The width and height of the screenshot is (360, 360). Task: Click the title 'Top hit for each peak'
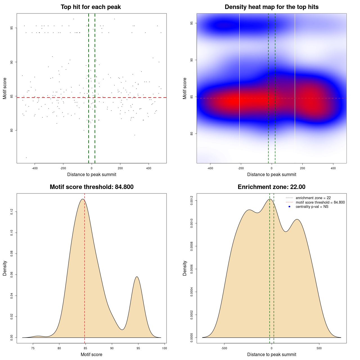coord(91,7)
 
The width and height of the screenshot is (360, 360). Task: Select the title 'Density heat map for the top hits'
coord(271,7)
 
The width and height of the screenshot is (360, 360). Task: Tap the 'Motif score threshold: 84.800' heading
coord(91,187)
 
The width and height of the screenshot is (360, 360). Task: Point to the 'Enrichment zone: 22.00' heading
coord(271,187)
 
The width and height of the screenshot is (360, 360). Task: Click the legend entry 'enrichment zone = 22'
coord(313,198)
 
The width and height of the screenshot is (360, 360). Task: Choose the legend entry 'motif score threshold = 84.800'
coord(320,202)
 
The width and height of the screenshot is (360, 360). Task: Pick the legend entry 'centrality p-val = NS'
coord(312,207)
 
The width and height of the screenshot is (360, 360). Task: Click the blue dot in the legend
coord(289,207)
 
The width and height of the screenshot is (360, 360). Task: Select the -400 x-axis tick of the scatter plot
coord(35,168)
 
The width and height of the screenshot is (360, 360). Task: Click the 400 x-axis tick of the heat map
coord(333,168)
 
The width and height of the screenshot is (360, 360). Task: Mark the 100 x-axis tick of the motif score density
coord(165,348)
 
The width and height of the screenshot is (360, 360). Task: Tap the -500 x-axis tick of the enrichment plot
coord(224,348)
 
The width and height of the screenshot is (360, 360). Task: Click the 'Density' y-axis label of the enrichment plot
coord(185,268)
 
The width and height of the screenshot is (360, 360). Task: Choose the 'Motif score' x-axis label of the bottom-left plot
coord(91,354)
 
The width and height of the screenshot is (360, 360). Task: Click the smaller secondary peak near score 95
coord(137,277)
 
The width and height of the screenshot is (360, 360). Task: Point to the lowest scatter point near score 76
coord(26,157)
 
